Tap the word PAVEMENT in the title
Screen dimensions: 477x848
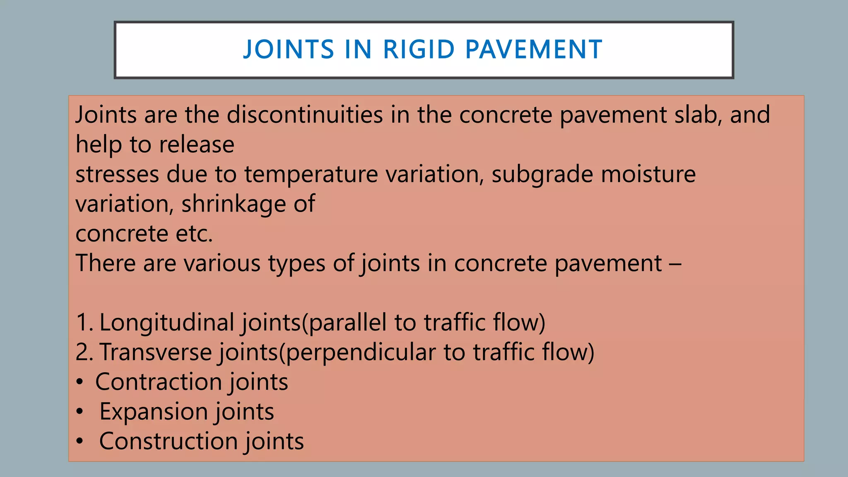point(534,49)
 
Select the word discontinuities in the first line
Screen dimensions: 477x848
point(305,115)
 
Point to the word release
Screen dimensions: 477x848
point(197,145)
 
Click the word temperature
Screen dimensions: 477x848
point(311,174)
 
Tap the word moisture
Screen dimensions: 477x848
point(648,174)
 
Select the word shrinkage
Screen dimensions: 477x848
point(234,204)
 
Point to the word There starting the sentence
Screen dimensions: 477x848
point(106,263)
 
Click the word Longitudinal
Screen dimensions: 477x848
point(167,323)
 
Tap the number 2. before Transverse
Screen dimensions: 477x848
point(85,352)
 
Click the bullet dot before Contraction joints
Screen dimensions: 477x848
point(80,382)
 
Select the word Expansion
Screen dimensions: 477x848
point(153,412)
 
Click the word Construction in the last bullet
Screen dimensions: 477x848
point(168,441)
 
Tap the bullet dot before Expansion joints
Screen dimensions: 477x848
point(80,412)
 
